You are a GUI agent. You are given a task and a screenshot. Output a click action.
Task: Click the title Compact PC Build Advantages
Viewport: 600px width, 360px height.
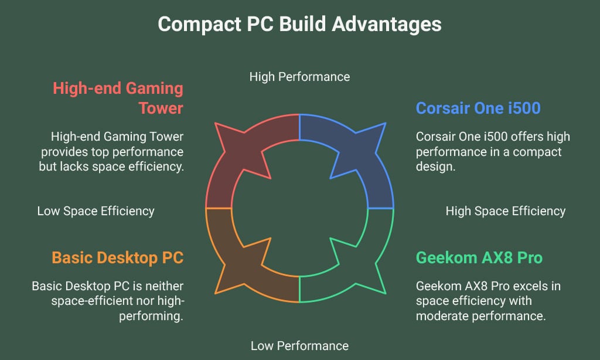[x=299, y=24]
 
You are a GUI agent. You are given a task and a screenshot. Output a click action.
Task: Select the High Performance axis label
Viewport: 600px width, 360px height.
[x=299, y=77]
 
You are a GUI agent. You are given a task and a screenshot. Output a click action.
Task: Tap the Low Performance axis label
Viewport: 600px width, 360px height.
[x=299, y=345]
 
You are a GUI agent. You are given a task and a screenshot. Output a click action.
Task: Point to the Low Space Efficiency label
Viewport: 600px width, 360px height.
[x=96, y=211]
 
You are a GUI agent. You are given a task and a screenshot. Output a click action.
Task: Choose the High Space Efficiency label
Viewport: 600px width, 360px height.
[x=505, y=211]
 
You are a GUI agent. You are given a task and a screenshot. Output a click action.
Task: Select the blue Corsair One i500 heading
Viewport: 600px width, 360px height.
[x=478, y=108]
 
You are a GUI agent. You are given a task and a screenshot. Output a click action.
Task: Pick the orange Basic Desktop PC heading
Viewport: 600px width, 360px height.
[x=117, y=258]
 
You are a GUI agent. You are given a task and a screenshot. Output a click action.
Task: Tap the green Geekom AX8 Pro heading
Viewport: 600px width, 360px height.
[x=479, y=258]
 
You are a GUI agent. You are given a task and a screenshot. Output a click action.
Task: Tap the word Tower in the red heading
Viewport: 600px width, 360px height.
[x=161, y=108]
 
